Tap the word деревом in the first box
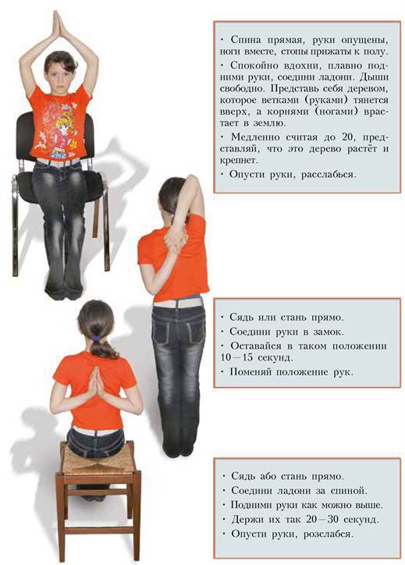click(366, 89)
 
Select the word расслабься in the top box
click(329, 175)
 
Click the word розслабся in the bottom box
click(328, 534)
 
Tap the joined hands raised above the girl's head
click(59, 24)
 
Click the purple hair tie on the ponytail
click(95, 338)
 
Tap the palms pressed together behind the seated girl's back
click(94, 382)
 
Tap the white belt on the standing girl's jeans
click(177, 302)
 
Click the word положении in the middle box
click(359, 346)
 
